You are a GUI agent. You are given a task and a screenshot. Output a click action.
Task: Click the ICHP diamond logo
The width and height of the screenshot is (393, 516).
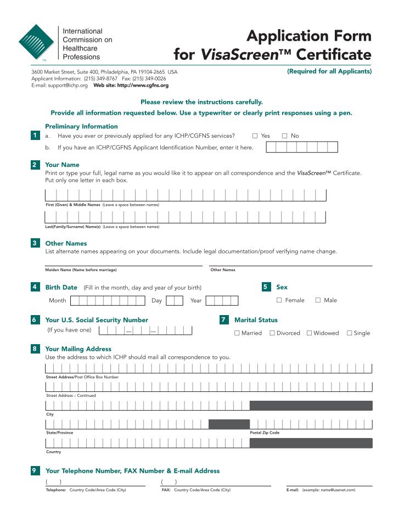(36, 42)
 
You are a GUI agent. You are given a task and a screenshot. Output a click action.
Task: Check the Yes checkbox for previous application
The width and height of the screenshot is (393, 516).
(255, 136)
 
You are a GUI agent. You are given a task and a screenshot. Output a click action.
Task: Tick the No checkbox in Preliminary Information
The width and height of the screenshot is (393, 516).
(285, 136)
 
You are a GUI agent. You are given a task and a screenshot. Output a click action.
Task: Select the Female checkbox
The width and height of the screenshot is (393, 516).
(279, 300)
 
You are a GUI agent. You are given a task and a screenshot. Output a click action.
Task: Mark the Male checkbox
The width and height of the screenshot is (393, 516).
(318, 300)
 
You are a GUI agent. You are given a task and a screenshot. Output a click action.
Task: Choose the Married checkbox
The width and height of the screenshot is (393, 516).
(237, 333)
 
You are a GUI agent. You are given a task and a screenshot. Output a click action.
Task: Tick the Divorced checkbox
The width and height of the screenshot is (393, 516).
(272, 333)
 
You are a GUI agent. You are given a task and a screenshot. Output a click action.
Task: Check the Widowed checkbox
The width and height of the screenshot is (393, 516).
(309, 333)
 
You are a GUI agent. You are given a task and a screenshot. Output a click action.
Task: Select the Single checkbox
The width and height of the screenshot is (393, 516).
(350, 333)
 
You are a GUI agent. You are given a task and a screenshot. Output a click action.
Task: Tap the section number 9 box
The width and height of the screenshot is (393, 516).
(35, 470)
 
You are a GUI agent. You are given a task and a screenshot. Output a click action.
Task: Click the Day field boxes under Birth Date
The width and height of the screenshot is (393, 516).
(175, 300)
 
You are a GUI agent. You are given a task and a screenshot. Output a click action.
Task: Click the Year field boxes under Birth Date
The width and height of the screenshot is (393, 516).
(222, 300)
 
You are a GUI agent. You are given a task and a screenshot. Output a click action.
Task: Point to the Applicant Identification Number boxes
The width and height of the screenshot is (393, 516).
(302, 147)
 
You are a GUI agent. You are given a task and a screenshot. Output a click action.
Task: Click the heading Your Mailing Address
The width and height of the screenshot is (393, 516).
(78, 349)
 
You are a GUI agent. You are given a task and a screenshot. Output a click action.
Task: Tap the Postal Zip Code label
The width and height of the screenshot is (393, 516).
(265, 433)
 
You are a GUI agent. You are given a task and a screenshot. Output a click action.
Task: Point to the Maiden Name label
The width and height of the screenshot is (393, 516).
(81, 270)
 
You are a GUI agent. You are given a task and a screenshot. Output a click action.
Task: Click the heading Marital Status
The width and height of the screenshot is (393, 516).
(256, 319)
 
